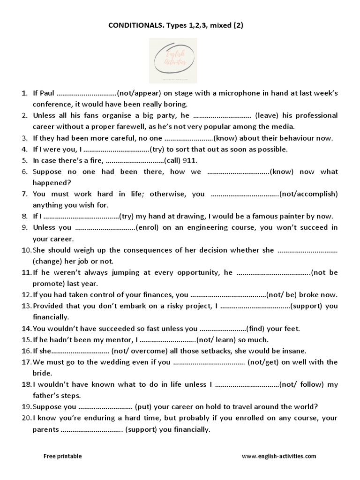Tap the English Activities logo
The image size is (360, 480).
tap(173, 60)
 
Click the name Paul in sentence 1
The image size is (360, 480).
tap(48, 93)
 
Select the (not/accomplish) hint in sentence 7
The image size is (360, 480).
tap(308, 194)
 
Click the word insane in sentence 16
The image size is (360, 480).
tap(294, 351)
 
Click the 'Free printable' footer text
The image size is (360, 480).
tap(62, 456)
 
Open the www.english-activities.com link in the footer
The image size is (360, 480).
tap(279, 456)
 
